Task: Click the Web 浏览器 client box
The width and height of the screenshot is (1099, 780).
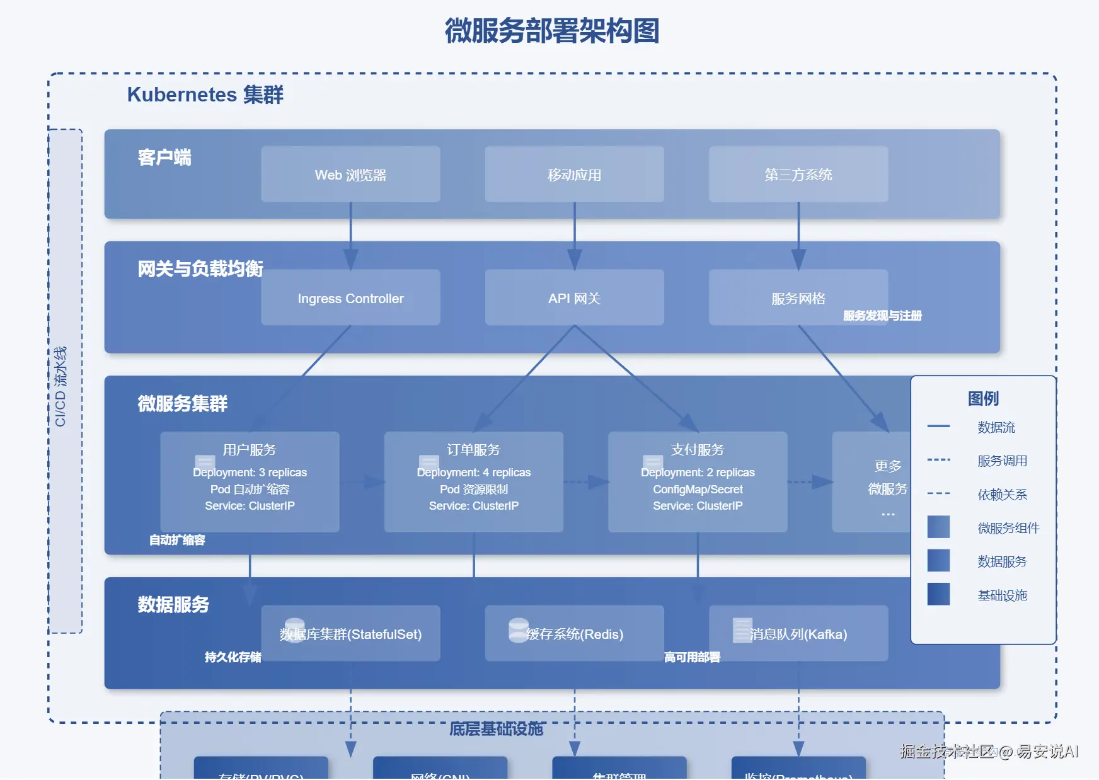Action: (x=350, y=175)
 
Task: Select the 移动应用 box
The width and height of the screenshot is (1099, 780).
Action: (x=574, y=175)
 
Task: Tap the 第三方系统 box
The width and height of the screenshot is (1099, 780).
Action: (x=798, y=175)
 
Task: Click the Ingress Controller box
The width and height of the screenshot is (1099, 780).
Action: (x=350, y=298)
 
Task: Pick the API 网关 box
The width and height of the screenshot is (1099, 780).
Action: (x=574, y=298)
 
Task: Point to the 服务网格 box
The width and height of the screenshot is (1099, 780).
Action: (x=798, y=298)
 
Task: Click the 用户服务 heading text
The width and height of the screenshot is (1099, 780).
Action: (x=250, y=450)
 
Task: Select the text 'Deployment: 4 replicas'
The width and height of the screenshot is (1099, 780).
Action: (x=474, y=473)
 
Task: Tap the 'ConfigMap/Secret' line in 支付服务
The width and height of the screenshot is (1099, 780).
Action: (x=698, y=490)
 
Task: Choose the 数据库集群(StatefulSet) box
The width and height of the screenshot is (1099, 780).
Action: (x=350, y=634)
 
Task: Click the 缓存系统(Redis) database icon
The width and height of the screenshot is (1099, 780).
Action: (x=519, y=629)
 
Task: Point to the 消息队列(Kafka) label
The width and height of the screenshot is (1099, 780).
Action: (x=798, y=634)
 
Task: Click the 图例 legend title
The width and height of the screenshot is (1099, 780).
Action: (x=983, y=398)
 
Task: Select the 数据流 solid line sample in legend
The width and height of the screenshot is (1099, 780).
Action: (x=938, y=427)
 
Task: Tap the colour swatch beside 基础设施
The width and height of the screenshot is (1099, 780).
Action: (x=938, y=594)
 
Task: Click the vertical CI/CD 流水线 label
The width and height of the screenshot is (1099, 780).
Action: (x=60, y=386)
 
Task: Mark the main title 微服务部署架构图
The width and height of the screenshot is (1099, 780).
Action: (x=551, y=31)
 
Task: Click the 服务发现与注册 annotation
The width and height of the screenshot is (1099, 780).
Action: (x=882, y=316)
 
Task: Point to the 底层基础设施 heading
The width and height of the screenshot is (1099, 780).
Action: (x=496, y=729)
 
